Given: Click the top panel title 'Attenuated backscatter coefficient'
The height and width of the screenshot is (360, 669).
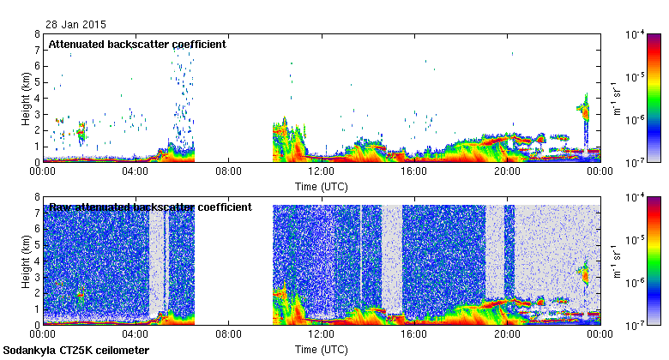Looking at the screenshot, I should [x=137, y=44].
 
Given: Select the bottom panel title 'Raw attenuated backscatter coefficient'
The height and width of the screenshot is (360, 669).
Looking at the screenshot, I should [x=150, y=207].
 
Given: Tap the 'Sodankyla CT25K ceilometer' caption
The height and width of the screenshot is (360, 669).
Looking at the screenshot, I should [x=76, y=351].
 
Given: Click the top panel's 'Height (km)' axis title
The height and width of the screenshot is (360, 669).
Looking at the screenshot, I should [x=26, y=99].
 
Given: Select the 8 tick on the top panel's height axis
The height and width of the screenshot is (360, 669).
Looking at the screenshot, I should [x=37, y=34].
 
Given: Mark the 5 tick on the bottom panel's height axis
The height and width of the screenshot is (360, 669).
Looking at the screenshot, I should [x=37, y=246].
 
